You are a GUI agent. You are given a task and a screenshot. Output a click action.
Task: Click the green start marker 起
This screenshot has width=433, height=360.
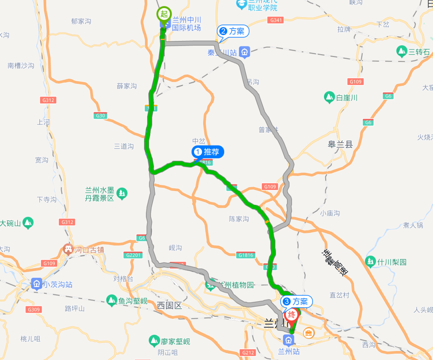pos(164,14)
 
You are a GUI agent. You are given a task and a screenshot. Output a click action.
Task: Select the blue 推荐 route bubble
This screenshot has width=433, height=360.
pos(208,152)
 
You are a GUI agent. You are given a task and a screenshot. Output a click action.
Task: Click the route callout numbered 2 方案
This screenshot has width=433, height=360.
pos(233,31)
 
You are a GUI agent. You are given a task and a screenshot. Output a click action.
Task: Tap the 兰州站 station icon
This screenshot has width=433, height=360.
pos(288,340)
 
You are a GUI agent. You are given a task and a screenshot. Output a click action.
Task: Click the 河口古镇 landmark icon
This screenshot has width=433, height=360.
pos(68,250)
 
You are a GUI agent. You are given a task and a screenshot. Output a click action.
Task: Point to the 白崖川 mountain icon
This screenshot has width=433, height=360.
pos(329,97)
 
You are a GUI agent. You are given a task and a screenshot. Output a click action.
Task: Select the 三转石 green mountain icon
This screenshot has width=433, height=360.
pos(401,52)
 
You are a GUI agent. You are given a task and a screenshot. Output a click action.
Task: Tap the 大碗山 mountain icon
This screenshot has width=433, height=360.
pos(28,223)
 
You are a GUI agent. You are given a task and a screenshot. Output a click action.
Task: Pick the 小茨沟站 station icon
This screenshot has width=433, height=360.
pos(36,284)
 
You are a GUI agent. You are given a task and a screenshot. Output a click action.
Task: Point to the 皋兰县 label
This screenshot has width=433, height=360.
pos(340,144)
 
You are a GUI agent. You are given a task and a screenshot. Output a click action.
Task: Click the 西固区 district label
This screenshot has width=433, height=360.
pos(169,305)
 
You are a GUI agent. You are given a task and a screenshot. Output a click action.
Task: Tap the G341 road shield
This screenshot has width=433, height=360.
pos(277,20)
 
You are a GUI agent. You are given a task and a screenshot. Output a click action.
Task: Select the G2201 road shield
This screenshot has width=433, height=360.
pos(134,255)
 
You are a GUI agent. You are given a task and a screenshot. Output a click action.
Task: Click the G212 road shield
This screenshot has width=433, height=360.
pos(248,352)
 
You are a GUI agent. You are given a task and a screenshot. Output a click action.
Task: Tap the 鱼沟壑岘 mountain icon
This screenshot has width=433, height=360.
pos(112,300)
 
